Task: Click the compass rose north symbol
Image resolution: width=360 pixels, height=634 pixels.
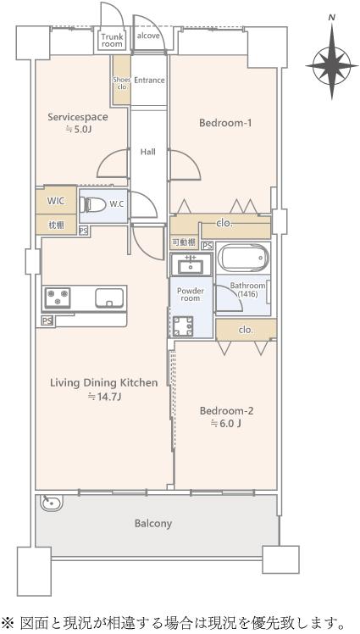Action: point(332,61)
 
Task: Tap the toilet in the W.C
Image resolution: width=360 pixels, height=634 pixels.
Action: point(92,205)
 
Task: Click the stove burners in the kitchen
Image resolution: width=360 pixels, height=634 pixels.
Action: point(58,298)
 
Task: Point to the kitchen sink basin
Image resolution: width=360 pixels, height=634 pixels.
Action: point(109,298)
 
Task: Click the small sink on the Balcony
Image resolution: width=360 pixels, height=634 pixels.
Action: point(52,503)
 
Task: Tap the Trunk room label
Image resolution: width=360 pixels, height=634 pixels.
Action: point(112,41)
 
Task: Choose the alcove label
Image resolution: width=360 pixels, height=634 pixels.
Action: point(148,36)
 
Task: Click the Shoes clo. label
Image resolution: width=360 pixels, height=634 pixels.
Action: point(121,83)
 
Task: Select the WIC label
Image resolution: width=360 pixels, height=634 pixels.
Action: point(56,201)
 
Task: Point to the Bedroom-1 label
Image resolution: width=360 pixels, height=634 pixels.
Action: point(225,123)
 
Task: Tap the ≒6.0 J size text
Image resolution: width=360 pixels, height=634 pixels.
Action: point(226,424)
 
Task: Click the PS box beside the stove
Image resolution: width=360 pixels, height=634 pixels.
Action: point(47,321)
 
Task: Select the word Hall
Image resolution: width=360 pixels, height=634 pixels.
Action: point(148,152)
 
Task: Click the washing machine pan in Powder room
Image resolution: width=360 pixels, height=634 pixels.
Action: point(183,326)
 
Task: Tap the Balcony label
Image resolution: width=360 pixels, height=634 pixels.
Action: point(153,524)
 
